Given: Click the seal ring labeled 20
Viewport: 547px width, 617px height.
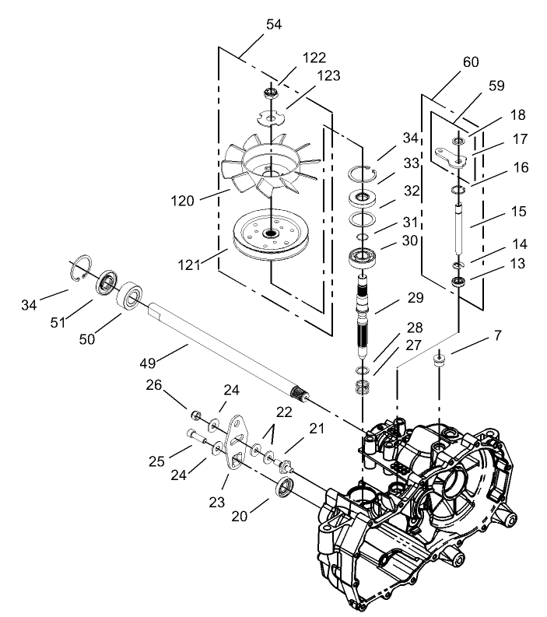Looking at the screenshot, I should (285, 489).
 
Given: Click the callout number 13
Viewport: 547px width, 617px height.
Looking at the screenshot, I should (496, 264).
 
